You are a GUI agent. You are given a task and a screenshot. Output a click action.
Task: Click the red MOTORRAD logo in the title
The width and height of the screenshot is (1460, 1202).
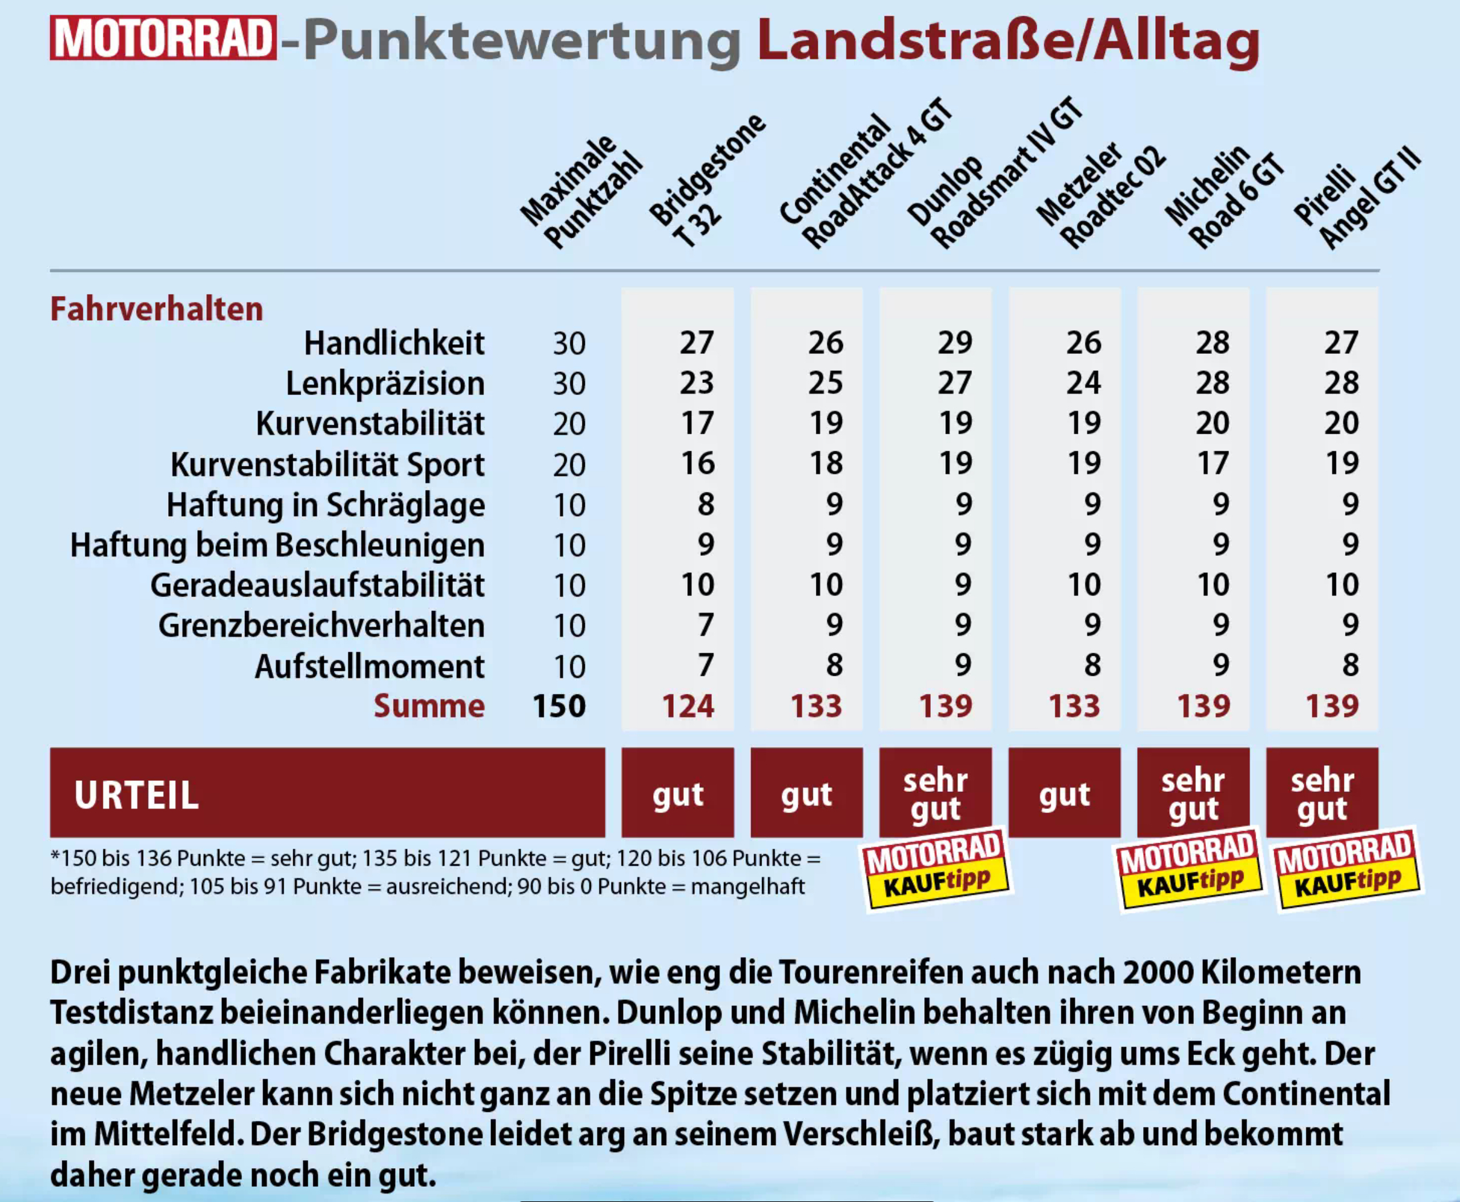pyautogui.click(x=163, y=38)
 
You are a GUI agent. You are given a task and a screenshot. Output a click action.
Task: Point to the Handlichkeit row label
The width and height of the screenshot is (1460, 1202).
pyautogui.click(x=394, y=344)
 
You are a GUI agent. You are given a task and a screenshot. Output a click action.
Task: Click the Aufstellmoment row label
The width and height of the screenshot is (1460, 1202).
pyautogui.click(x=370, y=667)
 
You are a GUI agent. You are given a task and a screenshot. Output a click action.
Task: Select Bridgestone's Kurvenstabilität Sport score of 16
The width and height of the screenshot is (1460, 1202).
pyautogui.click(x=697, y=463)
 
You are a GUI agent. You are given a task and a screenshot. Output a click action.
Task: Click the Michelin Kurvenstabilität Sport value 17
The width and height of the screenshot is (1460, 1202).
pyautogui.click(x=1213, y=463)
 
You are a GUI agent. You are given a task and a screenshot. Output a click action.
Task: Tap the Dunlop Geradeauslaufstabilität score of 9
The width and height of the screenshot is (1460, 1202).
pyautogui.click(x=963, y=585)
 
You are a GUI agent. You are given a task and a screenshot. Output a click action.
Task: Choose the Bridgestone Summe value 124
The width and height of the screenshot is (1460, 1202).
pyautogui.click(x=688, y=706)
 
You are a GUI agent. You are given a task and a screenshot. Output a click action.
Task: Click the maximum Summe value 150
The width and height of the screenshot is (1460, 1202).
pyautogui.click(x=559, y=706)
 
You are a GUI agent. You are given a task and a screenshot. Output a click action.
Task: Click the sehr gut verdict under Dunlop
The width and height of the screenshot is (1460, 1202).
pyautogui.click(x=935, y=794)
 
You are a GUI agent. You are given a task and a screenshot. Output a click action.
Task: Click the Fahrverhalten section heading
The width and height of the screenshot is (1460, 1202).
pyautogui.click(x=157, y=309)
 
